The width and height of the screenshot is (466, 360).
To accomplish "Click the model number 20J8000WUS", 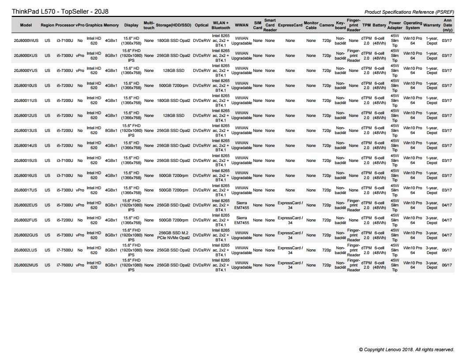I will tap(26, 41).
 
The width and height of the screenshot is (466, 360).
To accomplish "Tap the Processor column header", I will tap(65, 25).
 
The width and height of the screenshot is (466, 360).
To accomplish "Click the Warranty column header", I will tap(432, 25).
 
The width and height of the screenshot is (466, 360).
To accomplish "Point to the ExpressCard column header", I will tap(290, 25).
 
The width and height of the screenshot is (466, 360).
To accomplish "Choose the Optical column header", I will tap(202, 25).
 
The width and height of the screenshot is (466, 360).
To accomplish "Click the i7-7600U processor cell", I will tap(65, 265).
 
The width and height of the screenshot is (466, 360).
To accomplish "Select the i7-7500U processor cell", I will tap(65, 250).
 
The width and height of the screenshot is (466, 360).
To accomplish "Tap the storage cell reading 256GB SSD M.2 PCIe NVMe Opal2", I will tap(173, 235).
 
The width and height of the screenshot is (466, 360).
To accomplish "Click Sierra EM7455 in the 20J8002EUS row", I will tap(241, 205).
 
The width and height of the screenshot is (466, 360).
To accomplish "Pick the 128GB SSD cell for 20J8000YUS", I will tap(173, 71).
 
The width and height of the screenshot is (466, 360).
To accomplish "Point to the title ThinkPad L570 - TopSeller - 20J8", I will tap(59, 11).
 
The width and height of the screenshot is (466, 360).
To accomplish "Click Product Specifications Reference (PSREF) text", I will tap(409, 12).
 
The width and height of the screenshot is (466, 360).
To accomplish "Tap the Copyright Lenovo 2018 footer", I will tap(406, 349).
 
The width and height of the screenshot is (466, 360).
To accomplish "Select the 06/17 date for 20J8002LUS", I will tap(447, 250).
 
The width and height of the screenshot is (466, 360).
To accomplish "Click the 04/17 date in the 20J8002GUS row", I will tap(447, 235).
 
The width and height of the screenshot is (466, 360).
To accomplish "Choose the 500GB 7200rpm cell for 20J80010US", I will tap(173, 86).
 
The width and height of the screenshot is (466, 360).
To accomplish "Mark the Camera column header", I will tap(327, 25).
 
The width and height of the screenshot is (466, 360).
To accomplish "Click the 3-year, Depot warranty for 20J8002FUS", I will tap(432, 220).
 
